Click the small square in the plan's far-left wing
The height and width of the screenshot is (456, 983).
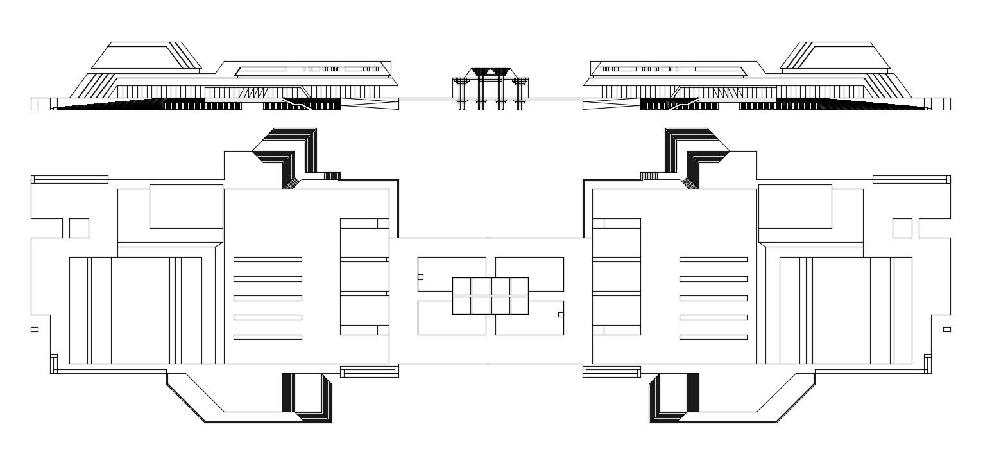tap(79, 228)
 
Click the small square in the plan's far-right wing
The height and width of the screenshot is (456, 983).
tap(902, 228)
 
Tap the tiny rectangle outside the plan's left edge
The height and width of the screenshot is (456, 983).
tap(35, 329)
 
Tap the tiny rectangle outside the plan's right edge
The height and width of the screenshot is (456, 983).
tap(946, 329)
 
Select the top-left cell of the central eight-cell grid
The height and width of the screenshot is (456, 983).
tap(462, 286)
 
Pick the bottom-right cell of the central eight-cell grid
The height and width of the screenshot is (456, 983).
tap(519, 305)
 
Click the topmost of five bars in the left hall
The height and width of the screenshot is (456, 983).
tap(268, 259)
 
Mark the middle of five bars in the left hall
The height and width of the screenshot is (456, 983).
tap(268, 298)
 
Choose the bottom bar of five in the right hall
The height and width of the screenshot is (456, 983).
tap(714, 337)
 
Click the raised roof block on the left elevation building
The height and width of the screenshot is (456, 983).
tap(146, 56)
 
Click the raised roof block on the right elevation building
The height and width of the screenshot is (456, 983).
tap(835, 56)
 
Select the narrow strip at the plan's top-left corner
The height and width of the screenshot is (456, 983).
tap(70, 179)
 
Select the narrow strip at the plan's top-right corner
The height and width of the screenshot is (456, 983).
tap(911, 179)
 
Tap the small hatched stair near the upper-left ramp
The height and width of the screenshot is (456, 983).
tap(331, 176)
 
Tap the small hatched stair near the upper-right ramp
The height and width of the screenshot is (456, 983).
tap(649, 176)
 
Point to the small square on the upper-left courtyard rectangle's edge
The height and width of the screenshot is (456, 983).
tap(420, 277)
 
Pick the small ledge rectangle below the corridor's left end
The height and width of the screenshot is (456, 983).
tap(369, 371)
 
